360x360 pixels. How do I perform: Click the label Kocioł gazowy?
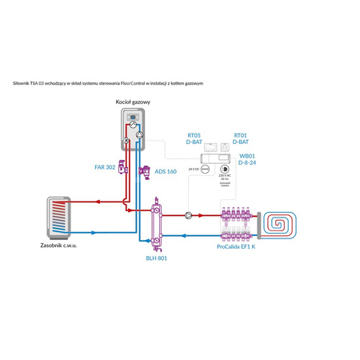tap(133, 103)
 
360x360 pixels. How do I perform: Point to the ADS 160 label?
tap(166, 170)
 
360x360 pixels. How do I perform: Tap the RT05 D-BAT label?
tap(194, 139)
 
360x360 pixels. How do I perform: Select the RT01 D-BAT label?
tap(241, 139)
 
